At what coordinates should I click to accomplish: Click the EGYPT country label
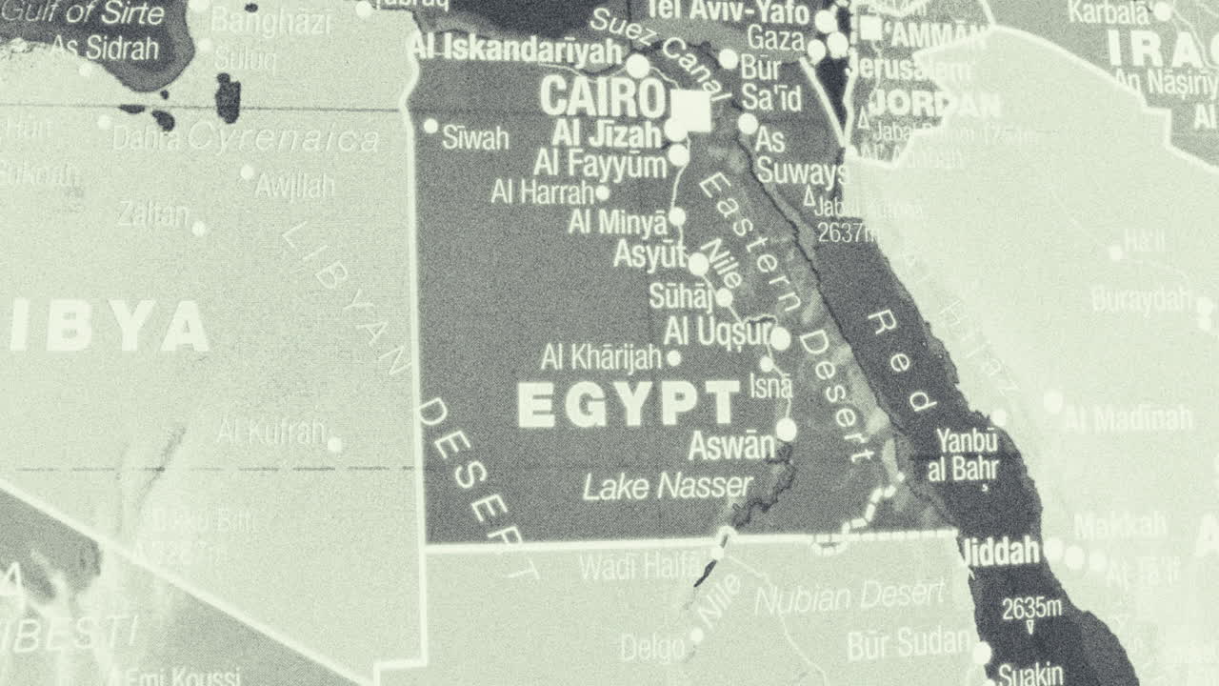tap(629, 404)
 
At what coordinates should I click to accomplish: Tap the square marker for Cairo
tap(691, 111)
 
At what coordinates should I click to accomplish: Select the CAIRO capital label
tap(602, 96)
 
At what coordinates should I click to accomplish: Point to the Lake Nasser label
tap(668, 487)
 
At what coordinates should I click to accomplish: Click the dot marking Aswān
tap(786, 430)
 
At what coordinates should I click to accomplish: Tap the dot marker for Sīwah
tap(430, 126)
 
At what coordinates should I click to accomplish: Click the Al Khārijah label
tap(601, 358)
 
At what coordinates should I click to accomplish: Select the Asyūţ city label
tap(650, 255)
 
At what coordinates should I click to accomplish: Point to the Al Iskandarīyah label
tap(518, 50)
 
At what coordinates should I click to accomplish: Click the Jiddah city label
tap(1000, 551)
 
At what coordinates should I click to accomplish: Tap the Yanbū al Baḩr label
tap(967, 454)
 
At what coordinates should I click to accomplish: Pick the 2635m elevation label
tap(1031, 606)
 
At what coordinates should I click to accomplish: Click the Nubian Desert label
tap(849, 597)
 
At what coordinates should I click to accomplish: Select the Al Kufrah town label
tap(270, 432)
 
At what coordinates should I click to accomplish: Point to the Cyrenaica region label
tap(283, 139)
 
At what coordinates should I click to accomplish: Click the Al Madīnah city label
tap(1128, 417)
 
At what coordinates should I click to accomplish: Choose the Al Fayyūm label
tap(600, 163)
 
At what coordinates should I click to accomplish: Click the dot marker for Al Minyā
tap(676, 216)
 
